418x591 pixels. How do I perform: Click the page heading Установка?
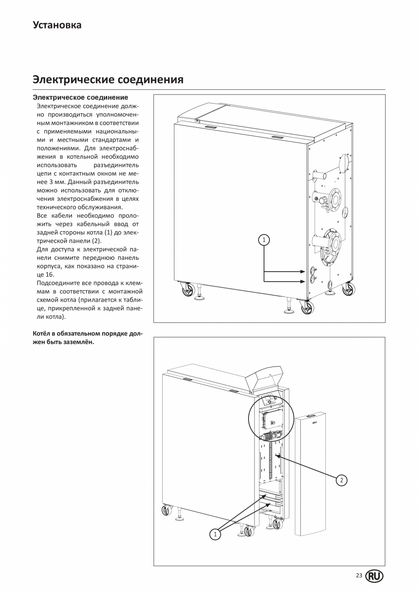[x=57, y=25]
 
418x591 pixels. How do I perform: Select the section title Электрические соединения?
[x=108, y=79]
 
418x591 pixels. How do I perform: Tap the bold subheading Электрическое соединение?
[x=80, y=97]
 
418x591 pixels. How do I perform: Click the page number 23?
[x=359, y=576]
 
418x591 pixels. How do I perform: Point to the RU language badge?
[x=374, y=576]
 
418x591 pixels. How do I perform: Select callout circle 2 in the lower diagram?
[x=342, y=480]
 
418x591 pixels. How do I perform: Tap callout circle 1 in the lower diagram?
[x=215, y=535]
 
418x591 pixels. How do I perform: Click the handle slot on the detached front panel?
[x=312, y=416]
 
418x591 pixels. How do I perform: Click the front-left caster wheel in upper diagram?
[x=188, y=289]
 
